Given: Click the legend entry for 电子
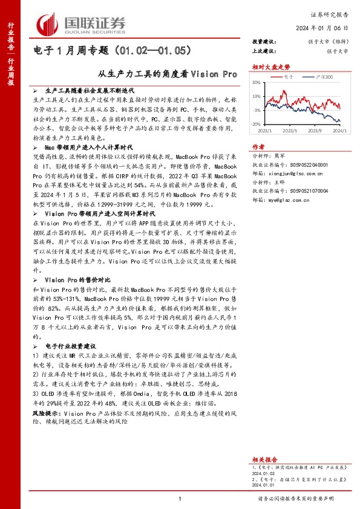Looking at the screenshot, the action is coord(288,77).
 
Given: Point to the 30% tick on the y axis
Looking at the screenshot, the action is coord(257,82).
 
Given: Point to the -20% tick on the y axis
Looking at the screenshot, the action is coord(257,124).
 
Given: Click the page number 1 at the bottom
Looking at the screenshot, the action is coord(180,498).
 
